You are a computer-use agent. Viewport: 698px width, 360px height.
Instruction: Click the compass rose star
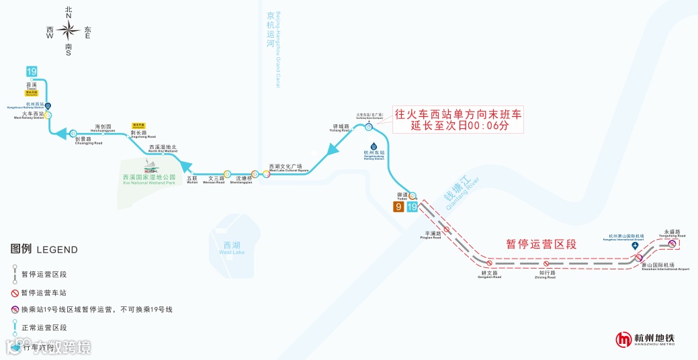[x=68, y=30]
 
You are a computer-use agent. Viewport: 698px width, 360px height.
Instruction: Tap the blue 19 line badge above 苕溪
[x=32, y=71]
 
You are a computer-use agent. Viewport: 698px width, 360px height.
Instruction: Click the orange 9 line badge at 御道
[x=399, y=207]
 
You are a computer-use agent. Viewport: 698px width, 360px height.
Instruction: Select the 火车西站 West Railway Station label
[x=29, y=116]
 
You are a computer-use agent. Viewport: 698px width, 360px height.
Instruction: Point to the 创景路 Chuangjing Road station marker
[x=73, y=133]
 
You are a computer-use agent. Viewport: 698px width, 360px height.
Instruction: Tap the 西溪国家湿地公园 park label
[x=148, y=179]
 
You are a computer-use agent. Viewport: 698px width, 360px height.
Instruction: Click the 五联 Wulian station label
[x=193, y=179]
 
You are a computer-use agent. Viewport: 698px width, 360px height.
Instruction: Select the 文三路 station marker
[x=227, y=173]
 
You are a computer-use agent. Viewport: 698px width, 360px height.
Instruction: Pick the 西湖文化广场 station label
[x=288, y=167]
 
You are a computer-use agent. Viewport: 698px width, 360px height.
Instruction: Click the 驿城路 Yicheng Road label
[x=341, y=128]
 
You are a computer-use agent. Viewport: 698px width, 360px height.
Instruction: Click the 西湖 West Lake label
[x=232, y=247]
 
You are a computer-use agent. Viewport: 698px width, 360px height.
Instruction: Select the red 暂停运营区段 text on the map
[x=541, y=244]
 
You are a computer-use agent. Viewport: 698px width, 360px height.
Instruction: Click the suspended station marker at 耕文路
[x=490, y=263]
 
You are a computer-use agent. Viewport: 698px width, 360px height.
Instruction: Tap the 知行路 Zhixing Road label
[x=547, y=274]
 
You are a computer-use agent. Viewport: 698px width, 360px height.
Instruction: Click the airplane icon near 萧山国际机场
[x=636, y=246]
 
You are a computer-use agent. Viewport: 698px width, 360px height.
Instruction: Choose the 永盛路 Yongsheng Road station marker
[x=672, y=244]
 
